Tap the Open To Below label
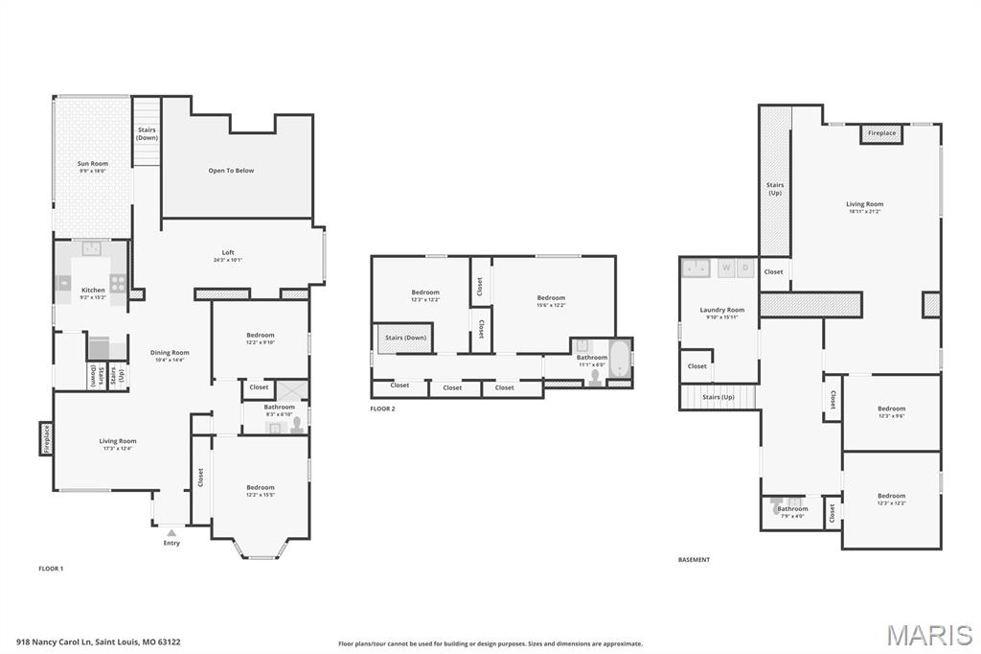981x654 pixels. [x=231, y=171]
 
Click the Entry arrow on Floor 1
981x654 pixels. [x=171, y=532]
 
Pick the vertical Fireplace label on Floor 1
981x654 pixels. [x=46, y=439]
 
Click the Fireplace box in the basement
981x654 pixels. [x=881, y=133]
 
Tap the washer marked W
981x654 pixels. [x=726, y=268]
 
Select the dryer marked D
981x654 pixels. [x=744, y=268]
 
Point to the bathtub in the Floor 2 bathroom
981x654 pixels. [x=619, y=359]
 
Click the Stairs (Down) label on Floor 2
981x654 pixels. [x=405, y=338]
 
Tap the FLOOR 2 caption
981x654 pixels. [x=382, y=409]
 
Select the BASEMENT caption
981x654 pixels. [x=694, y=560]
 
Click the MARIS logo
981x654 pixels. [x=928, y=634]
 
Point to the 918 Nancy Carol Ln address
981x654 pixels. [x=98, y=642]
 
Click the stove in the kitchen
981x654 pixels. [x=118, y=282]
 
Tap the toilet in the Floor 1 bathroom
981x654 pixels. [x=296, y=425]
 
